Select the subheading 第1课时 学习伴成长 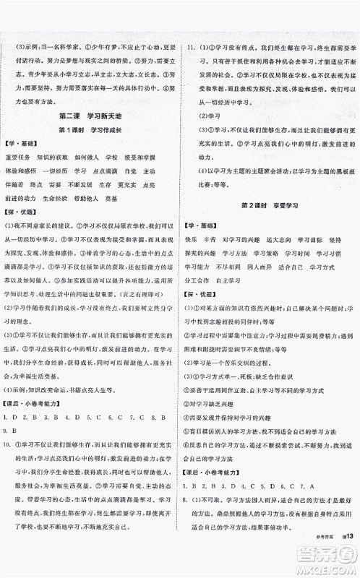click(x=90, y=129)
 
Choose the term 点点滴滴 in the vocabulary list click(x=109, y=170)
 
